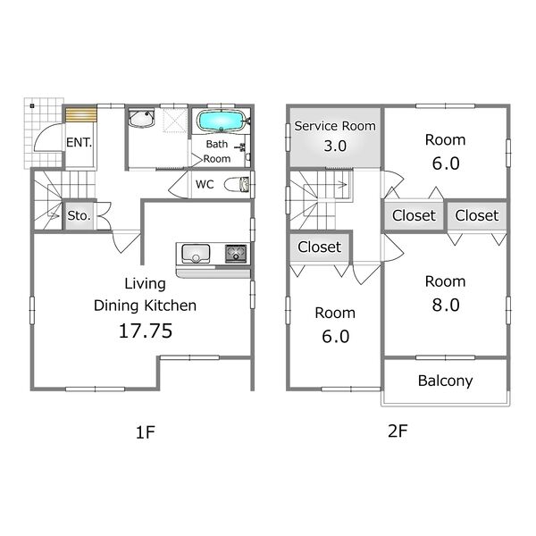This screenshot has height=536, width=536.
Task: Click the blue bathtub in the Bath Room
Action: (221, 121)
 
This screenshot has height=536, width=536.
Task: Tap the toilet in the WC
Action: (237, 185)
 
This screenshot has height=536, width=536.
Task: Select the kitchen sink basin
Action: (196, 254)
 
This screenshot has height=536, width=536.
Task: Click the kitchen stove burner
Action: (236, 254)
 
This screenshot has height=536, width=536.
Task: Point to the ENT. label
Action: (79, 143)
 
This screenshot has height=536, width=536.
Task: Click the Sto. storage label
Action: (79, 215)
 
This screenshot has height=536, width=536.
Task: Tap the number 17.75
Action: (146, 331)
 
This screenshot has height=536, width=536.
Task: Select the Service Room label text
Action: (335, 126)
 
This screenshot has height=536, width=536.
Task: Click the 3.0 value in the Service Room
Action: (335, 146)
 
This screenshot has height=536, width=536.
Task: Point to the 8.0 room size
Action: (446, 305)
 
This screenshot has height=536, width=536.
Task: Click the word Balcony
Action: (445, 381)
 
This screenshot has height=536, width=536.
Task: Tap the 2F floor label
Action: (398, 431)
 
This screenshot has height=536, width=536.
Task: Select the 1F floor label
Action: (146, 432)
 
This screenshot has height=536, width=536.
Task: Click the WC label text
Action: (205, 185)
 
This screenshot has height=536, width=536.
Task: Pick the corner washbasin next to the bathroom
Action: (141, 118)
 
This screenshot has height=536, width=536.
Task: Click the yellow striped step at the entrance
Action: (81, 114)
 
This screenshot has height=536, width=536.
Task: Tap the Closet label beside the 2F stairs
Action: (319, 247)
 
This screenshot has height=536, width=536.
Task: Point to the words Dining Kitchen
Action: (145, 306)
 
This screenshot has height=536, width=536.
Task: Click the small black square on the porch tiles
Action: (32, 106)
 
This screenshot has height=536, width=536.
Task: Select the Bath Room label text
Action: (217, 152)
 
